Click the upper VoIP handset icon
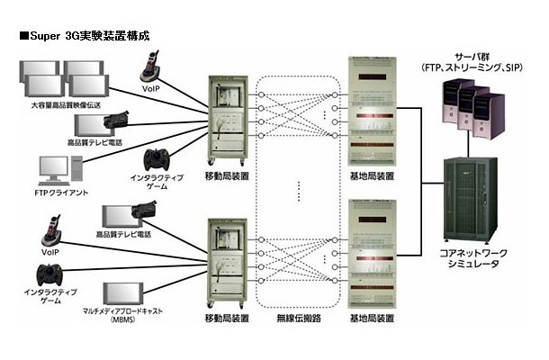(x=149, y=63)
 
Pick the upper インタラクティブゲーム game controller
(x=164, y=158)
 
